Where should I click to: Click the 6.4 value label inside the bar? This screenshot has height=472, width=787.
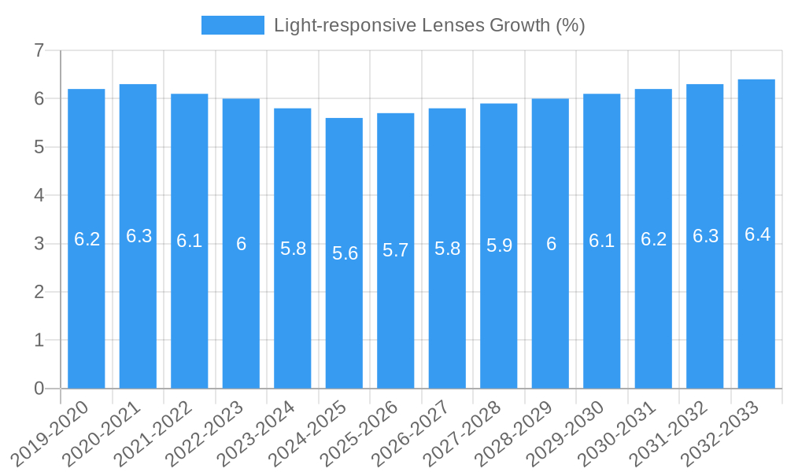[757, 234]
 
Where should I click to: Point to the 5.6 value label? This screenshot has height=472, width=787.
[345, 253]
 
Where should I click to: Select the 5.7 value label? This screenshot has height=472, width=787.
[396, 250]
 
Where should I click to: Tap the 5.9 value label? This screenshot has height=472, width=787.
[499, 245]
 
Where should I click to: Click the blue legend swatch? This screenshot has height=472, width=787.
[232, 25]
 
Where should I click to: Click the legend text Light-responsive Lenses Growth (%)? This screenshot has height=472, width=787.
[430, 25]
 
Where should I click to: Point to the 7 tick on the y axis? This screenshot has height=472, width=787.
[39, 50]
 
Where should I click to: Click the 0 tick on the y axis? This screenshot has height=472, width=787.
[39, 389]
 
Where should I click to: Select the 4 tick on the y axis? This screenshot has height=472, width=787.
[39, 195]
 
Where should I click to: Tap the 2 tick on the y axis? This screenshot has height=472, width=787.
[39, 292]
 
